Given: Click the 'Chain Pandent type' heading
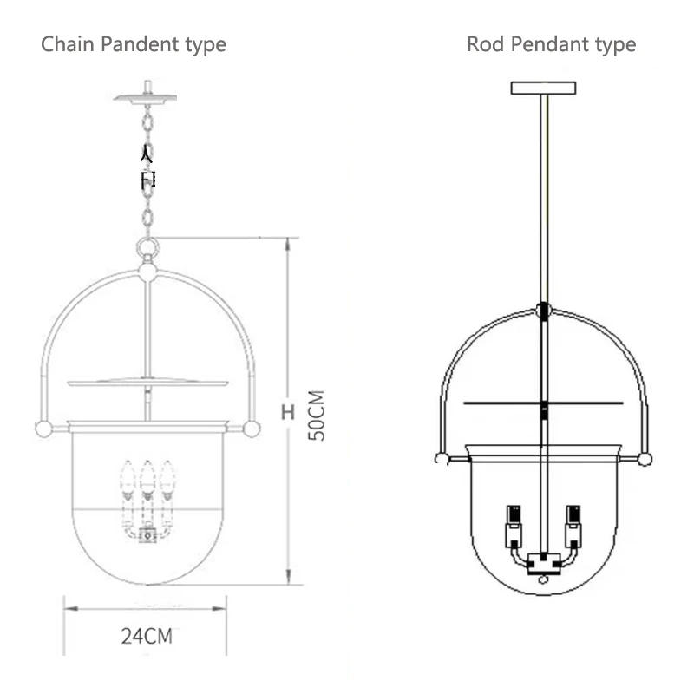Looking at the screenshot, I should (134, 44).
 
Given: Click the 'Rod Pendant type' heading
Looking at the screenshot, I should (551, 44).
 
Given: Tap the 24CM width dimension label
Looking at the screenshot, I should (146, 637).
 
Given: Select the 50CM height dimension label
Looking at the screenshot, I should (318, 416).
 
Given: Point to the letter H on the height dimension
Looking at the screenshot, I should (287, 412).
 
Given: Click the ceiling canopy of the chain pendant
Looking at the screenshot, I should (146, 97).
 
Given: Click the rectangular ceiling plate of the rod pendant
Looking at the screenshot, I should (544, 88).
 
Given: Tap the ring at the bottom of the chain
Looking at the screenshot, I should (147, 249).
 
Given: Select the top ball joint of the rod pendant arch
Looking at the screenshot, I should (544, 310).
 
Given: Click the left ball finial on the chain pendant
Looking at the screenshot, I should (42, 429).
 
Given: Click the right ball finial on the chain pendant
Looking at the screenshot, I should (252, 429).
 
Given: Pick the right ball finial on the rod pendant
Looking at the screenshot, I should (645, 458).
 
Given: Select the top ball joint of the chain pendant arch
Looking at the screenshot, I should (147, 272).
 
